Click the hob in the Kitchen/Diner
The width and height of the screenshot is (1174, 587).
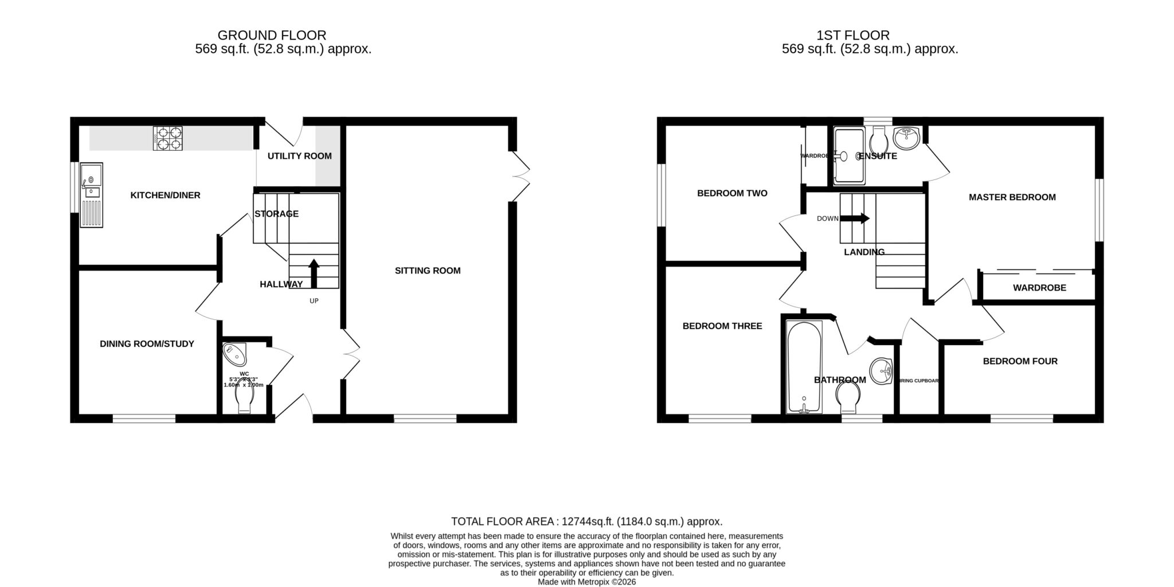coord(167,138)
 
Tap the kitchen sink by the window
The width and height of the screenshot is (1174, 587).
coord(92,195)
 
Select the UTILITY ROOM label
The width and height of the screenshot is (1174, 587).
coord(299,156)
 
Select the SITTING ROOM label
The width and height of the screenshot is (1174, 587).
coord(428,271)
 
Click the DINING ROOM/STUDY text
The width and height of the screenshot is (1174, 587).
coord(147,344)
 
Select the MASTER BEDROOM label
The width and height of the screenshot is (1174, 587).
coord(1012,197)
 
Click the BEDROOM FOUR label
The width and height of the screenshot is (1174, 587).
coord(1020,361)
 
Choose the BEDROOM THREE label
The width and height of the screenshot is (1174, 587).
coord(722,326)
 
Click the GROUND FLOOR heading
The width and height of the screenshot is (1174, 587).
coord(272,36)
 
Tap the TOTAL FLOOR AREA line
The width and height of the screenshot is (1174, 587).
coord(586,522)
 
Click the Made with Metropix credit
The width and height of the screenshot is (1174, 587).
coord(586,582)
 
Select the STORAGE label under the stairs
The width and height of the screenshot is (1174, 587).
coord(276,214)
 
